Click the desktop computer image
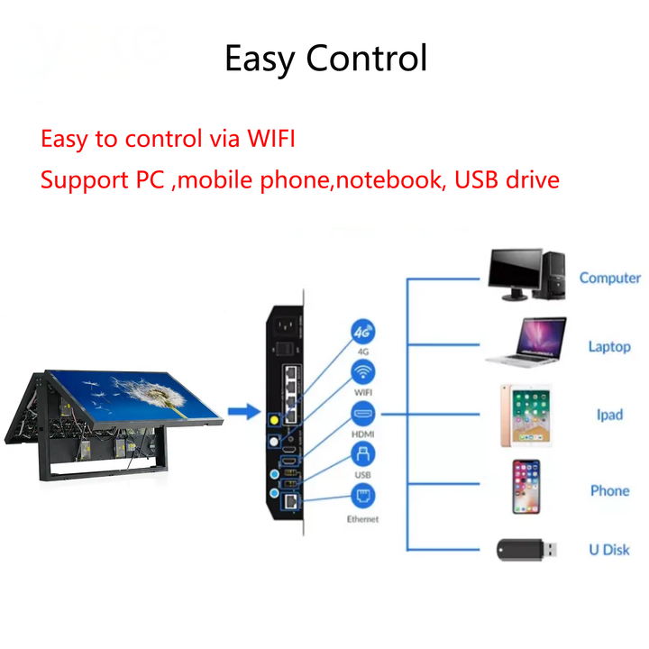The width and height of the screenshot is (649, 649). [x=527, y=274]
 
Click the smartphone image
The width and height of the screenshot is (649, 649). [x=526, y=487]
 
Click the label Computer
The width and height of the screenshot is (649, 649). [x=609, y=278]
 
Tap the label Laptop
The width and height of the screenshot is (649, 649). [x=609, y=346]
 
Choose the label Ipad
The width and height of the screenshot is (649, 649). [x=609, y=415]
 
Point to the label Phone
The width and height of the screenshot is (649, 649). [x=609, y=491]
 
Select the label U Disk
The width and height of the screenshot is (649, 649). [x=609, y=550]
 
